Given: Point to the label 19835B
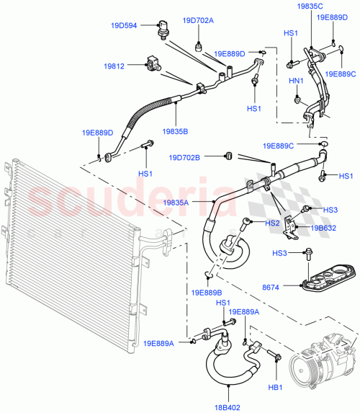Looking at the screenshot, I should click(175, 131).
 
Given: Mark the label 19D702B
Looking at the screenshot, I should click(185, 157).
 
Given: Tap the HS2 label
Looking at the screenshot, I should click(272, 223).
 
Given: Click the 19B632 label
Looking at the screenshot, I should click(323, 227).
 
